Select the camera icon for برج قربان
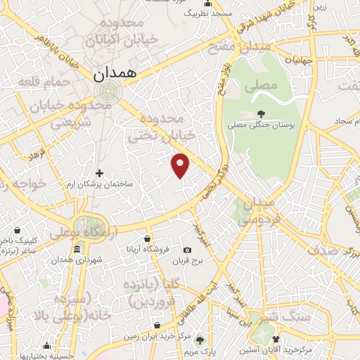[187, 250]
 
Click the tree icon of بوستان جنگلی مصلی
[261, 114]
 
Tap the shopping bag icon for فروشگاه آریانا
[148, 238]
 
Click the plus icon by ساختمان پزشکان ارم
[99, 173]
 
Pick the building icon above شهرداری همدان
[76, 250]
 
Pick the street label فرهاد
[35, 153]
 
